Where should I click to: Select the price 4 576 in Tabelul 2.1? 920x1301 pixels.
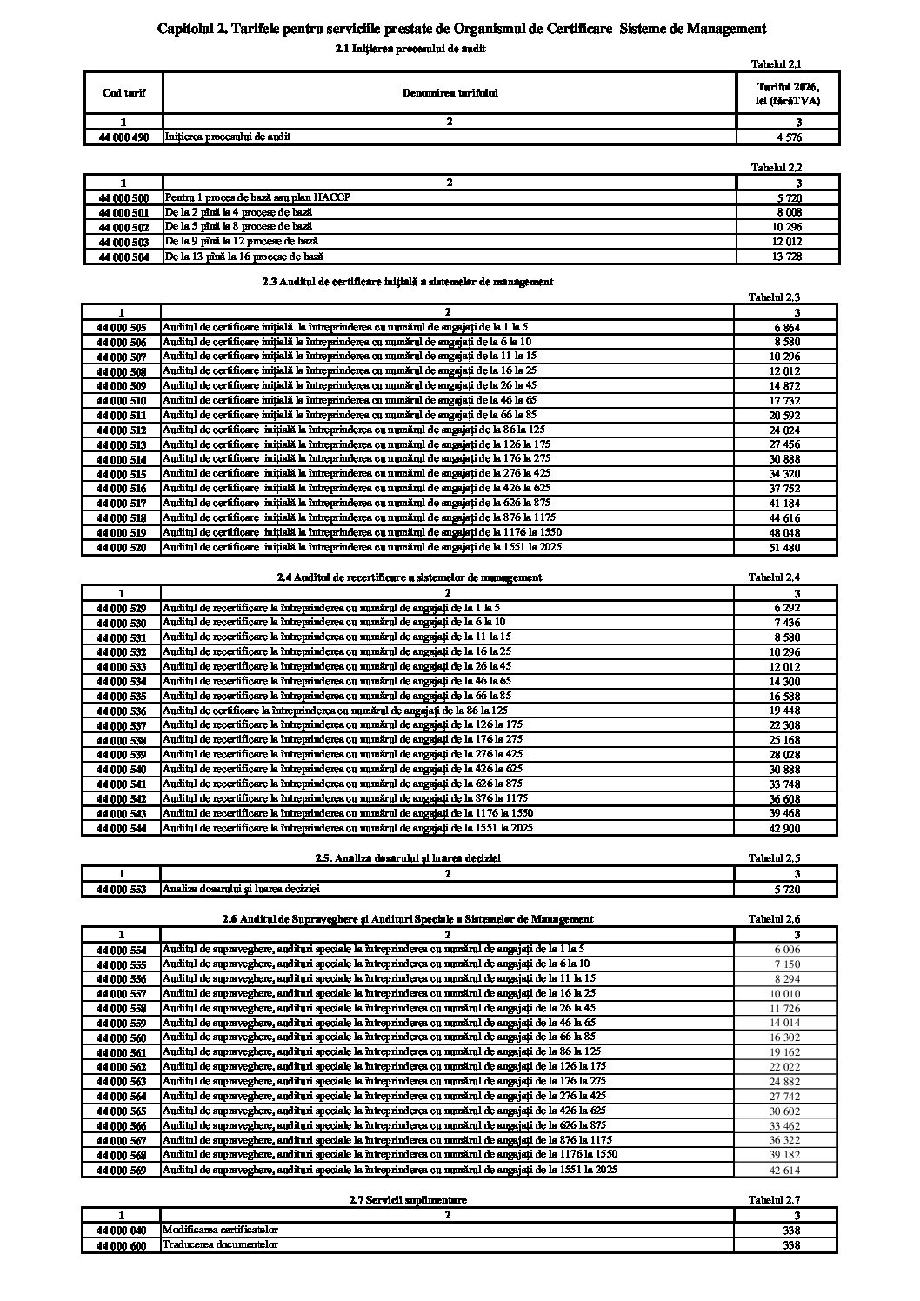[x=789, y=137]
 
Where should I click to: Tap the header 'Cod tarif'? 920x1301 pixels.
[x=123, y=93]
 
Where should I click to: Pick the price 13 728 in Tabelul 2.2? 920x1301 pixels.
[x=788, y=257]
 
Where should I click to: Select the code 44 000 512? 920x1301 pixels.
[x=122, y=430]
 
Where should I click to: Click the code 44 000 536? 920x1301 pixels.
[x=122, y=711]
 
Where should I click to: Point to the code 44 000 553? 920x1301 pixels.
[x=122, y=890]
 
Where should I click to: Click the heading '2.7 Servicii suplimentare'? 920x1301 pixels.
[x=408, y=1200]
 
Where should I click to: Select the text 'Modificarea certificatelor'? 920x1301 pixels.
[x=220, y=1230]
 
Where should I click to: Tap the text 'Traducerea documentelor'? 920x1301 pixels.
[x=220, y=1244]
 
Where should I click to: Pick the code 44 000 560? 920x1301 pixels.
[x=122, y=1038]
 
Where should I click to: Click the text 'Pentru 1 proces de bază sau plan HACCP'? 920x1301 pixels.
[x=257, y=197]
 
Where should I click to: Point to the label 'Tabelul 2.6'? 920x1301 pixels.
[x=775, y=919]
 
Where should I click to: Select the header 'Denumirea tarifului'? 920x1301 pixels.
[x=450, y=93]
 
